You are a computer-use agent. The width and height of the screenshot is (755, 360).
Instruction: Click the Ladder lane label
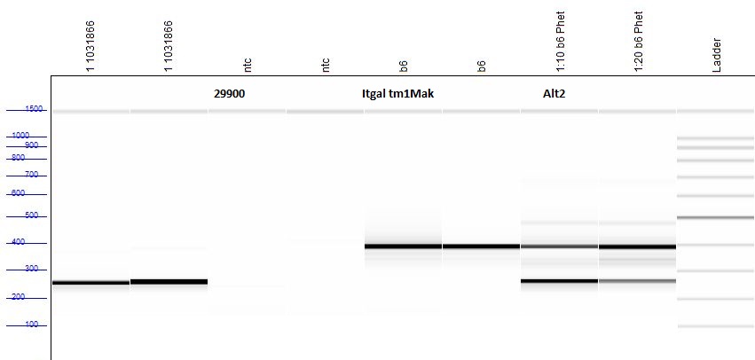click(x=717, y=55)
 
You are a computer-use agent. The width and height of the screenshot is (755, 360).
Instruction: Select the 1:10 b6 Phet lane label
click(x=561, y=42)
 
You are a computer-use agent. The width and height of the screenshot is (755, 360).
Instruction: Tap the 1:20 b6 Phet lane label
click(x=639, y=42)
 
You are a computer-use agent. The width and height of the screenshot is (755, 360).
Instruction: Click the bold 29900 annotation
click(x=229, y=94)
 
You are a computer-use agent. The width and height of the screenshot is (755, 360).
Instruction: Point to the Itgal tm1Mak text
click(x=397, y=94)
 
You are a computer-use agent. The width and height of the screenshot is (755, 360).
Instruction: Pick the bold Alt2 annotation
click(x=554, y=94)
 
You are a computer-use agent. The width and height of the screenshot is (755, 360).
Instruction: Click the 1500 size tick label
click(x=34, y=109)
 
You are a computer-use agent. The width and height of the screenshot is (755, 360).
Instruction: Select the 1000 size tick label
click(x=20, y=136)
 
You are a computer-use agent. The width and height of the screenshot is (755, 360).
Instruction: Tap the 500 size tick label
click(x=31, y=215)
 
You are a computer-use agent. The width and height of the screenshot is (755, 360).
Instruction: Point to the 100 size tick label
click(x=31, y=325)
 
